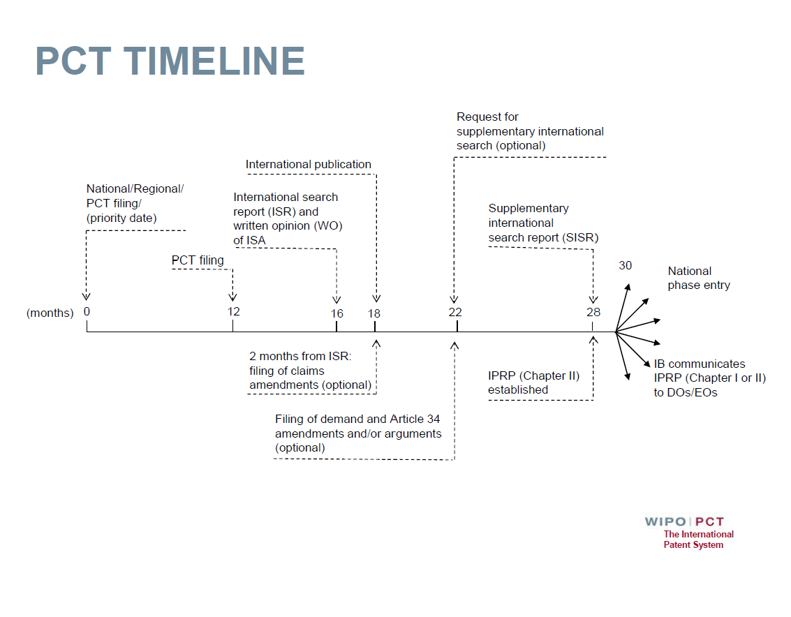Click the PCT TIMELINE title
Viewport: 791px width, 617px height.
[170, 61]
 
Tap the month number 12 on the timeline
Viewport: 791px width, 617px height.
[233, 311]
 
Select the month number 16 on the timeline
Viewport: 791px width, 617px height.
[337, 313]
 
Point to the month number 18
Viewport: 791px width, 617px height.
[374, 313]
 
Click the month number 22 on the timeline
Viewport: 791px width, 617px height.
[455, 312]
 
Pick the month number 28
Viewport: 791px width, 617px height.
[593, 312]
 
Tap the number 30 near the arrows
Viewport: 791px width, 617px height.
[625, 265]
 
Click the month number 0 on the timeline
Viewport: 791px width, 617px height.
[87, 311]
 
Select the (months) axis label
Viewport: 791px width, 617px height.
[50, 313]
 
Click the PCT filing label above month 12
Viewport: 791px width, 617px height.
[198, 260]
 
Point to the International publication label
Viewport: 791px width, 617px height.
[308, 165]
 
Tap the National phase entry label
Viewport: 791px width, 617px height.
[699, 278]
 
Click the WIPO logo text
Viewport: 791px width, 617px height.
[665, 521]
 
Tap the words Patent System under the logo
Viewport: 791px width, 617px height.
[693, 545]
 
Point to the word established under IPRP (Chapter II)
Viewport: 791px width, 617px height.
[517, 390]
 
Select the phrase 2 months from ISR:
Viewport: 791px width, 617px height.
[300, 356]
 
